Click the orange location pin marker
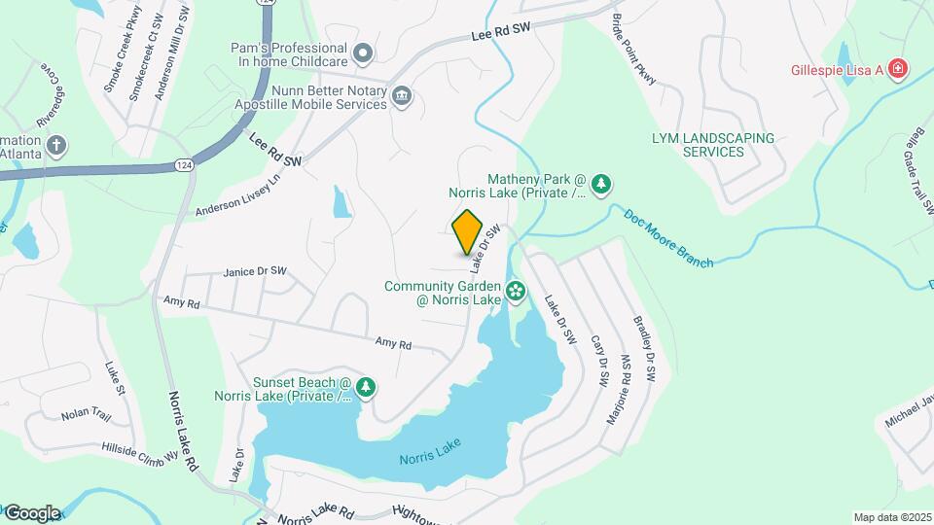pyautogui.click(x=468, y=231)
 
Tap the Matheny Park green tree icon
pyautogui.click(x=602, y=184)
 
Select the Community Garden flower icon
pyautogui.click(x=516, y=291)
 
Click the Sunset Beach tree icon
pyautogui.click(x=366, y=388)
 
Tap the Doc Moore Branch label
pyautogui.click(x=668, y=236)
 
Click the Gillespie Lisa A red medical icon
pyautogui.click(x=899, y=68)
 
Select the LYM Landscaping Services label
pyautogui.click(x=713, y=145)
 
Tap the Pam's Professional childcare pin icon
pyautogui.click(x=363, y=52)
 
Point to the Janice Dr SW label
pyautogui.click(x=255, y=271)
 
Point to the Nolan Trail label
pyautogui.click(x=82, y=414)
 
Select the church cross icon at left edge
pyautogui.click(x=56, y=146)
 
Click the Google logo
pyautogui.click(x=32, y=513)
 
